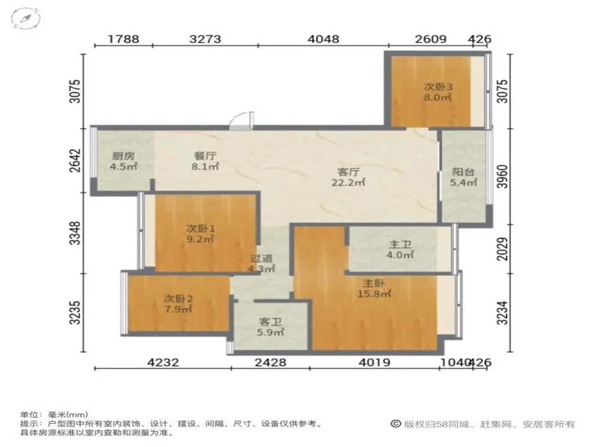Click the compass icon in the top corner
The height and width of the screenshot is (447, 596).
tap(25, 18)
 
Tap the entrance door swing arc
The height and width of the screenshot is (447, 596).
tap(237, 116)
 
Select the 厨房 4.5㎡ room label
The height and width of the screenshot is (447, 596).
tap(124, 161)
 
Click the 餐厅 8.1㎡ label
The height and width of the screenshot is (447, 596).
tap(205, 161)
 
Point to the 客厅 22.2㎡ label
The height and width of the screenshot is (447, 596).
tap(348, 177)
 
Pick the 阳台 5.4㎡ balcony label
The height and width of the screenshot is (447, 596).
tap(463, 177)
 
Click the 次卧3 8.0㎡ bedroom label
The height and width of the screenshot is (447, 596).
tap(438, 92)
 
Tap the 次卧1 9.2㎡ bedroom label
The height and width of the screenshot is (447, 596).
tap(200, 234)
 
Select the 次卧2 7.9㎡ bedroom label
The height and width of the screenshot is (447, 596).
tap(178, 304)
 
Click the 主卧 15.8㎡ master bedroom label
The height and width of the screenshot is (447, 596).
tap(374, 289)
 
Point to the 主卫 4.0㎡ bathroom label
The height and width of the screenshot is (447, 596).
tap(400, 250)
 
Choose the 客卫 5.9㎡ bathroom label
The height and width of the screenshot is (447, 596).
tap(270, 327)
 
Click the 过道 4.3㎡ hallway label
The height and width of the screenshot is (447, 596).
tap(262, 263)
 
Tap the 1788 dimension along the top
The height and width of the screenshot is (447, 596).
tap(124, 38)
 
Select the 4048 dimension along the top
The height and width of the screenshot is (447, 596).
tap(323, 38)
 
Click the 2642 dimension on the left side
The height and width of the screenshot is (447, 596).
tap(76, 160)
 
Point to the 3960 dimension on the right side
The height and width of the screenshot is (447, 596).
tap(502, 176)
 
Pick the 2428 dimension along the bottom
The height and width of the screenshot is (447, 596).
tap(271, 362)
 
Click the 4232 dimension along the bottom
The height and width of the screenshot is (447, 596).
tap(163, 362)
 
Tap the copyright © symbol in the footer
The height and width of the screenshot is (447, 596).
tap(395, 423)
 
